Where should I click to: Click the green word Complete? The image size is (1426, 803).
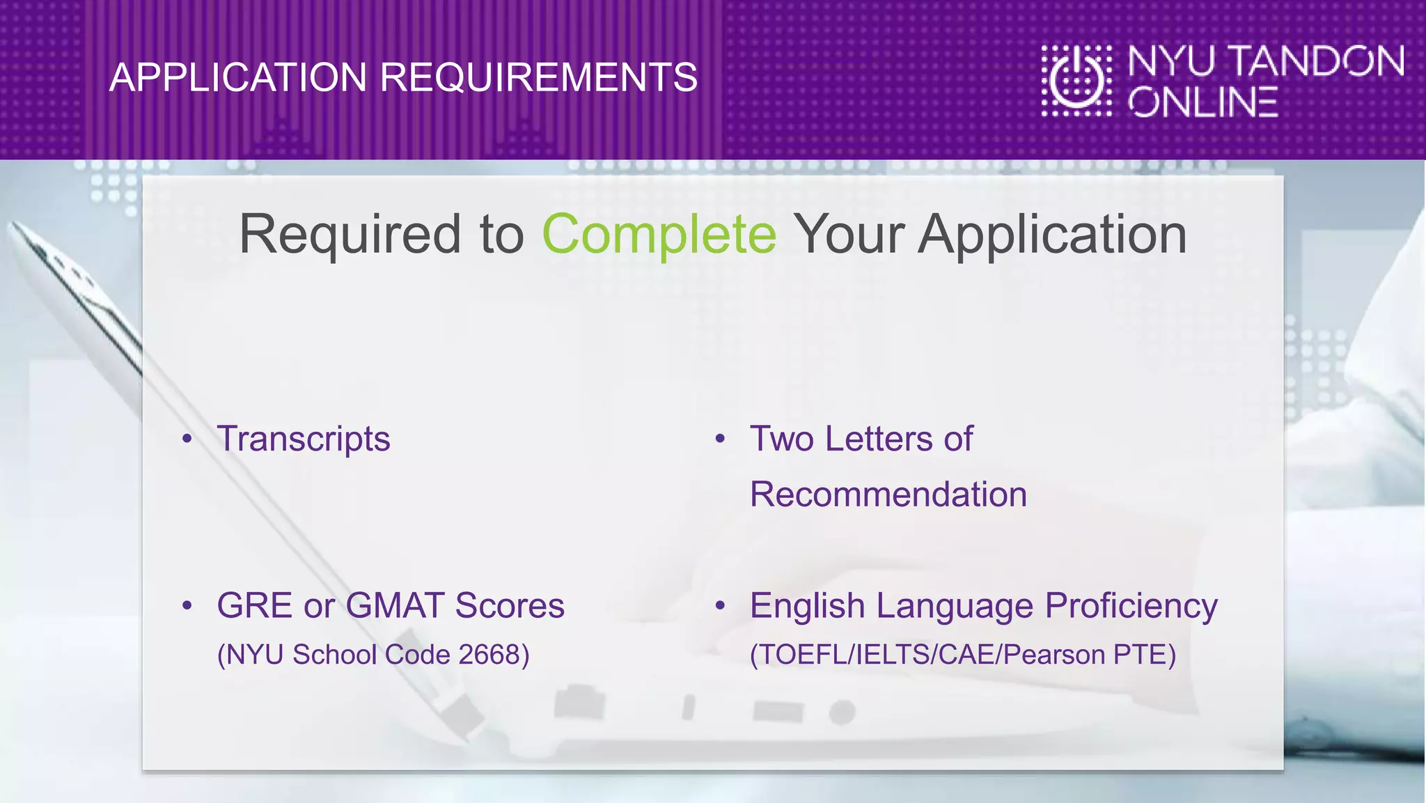point(659,235)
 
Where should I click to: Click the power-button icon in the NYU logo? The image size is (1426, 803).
point(1076,80)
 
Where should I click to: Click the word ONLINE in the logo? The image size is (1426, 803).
point(1203,103)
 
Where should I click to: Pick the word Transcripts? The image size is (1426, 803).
point(304,439)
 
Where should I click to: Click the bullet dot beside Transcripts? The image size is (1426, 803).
point(187,439)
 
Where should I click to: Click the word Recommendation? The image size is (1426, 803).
point(888,494)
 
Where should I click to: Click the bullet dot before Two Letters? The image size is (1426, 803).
point(720,439)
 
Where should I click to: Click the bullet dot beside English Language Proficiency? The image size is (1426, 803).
point(720,605)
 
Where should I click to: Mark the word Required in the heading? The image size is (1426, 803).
point(350,235)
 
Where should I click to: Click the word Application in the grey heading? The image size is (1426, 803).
point(1052,235)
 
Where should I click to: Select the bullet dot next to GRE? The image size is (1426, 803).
point(187,605)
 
